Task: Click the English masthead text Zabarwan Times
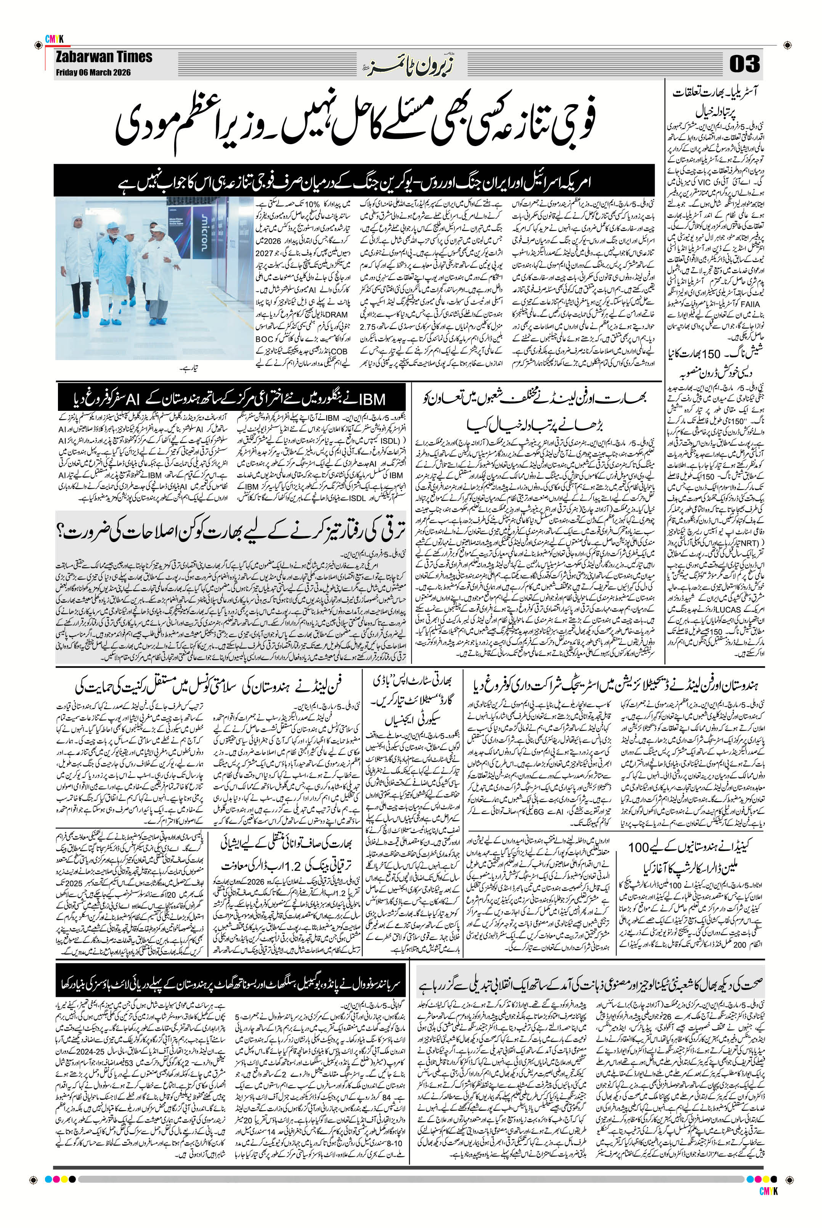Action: click(x=103, y=57)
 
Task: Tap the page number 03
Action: click(x=744, y=66)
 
